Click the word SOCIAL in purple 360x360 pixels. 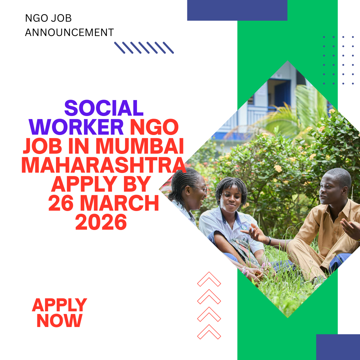[x=104, y=109]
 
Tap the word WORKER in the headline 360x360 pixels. [x=79, y=127]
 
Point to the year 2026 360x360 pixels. [x=101, y=223]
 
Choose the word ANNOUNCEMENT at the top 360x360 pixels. [x=69, y=32]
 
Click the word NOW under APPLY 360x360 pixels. [x=59, y=320]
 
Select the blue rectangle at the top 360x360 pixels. [x=237, y=10]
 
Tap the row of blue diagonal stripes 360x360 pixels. [x=144, y=48]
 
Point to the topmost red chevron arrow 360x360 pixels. [x=209, y=279]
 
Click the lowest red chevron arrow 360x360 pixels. [x=209, y=332]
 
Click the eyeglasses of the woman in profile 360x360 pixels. [x=201, y=189]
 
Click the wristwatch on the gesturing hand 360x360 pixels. [x=269, y=241]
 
